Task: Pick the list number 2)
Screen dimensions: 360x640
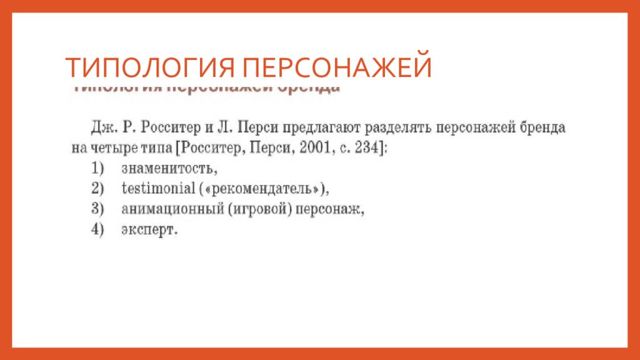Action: coord(97,189)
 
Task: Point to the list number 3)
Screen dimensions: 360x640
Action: coord(97,209)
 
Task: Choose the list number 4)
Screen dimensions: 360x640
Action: coord(97,230)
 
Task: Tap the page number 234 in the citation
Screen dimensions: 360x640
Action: coord(366,149)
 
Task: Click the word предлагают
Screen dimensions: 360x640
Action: coord(320,128)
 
